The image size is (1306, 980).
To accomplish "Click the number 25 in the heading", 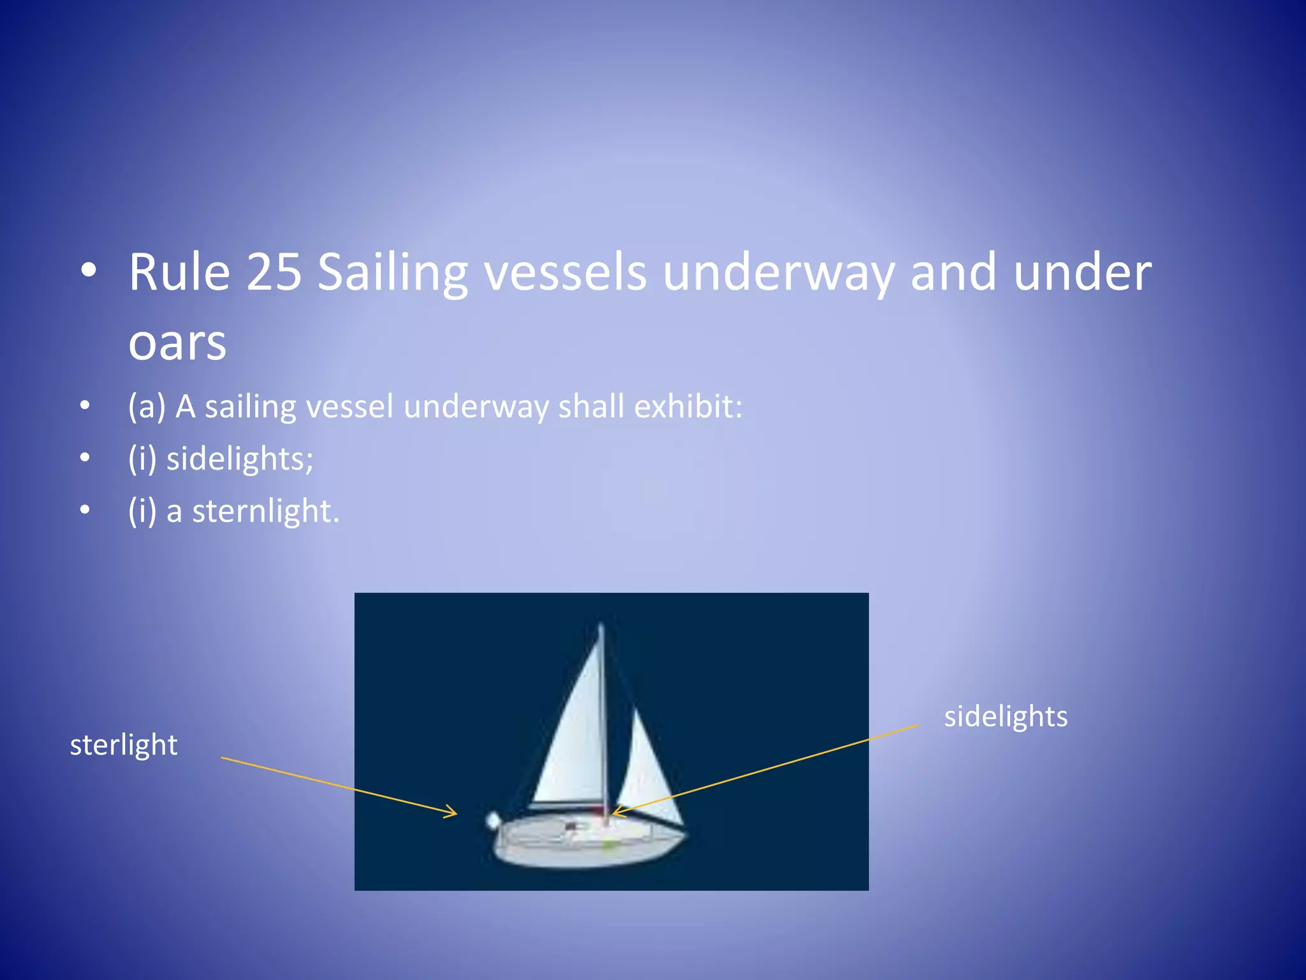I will click(274, 272).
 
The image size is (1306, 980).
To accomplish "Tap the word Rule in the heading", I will click(179, 272).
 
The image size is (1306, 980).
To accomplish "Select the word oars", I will click(177, 343).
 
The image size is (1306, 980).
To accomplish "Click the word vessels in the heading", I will click(565, 272).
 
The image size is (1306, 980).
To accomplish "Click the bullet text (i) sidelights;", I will click(221, 459).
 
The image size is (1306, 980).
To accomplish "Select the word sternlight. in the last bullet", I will click(266, 511).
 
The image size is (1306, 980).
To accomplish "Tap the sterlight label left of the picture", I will click(124, 745).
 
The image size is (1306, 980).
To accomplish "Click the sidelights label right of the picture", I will click(1006, 716).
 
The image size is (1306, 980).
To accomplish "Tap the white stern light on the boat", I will click(493, 820).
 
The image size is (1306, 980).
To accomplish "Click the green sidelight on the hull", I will click(610, 845).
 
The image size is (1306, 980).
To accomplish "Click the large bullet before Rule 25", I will click(89, 271).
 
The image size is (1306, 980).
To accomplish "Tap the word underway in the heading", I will click(779, 272).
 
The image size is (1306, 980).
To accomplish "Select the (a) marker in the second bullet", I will click(147, 406).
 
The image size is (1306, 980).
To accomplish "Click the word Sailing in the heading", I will click(393, 272).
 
